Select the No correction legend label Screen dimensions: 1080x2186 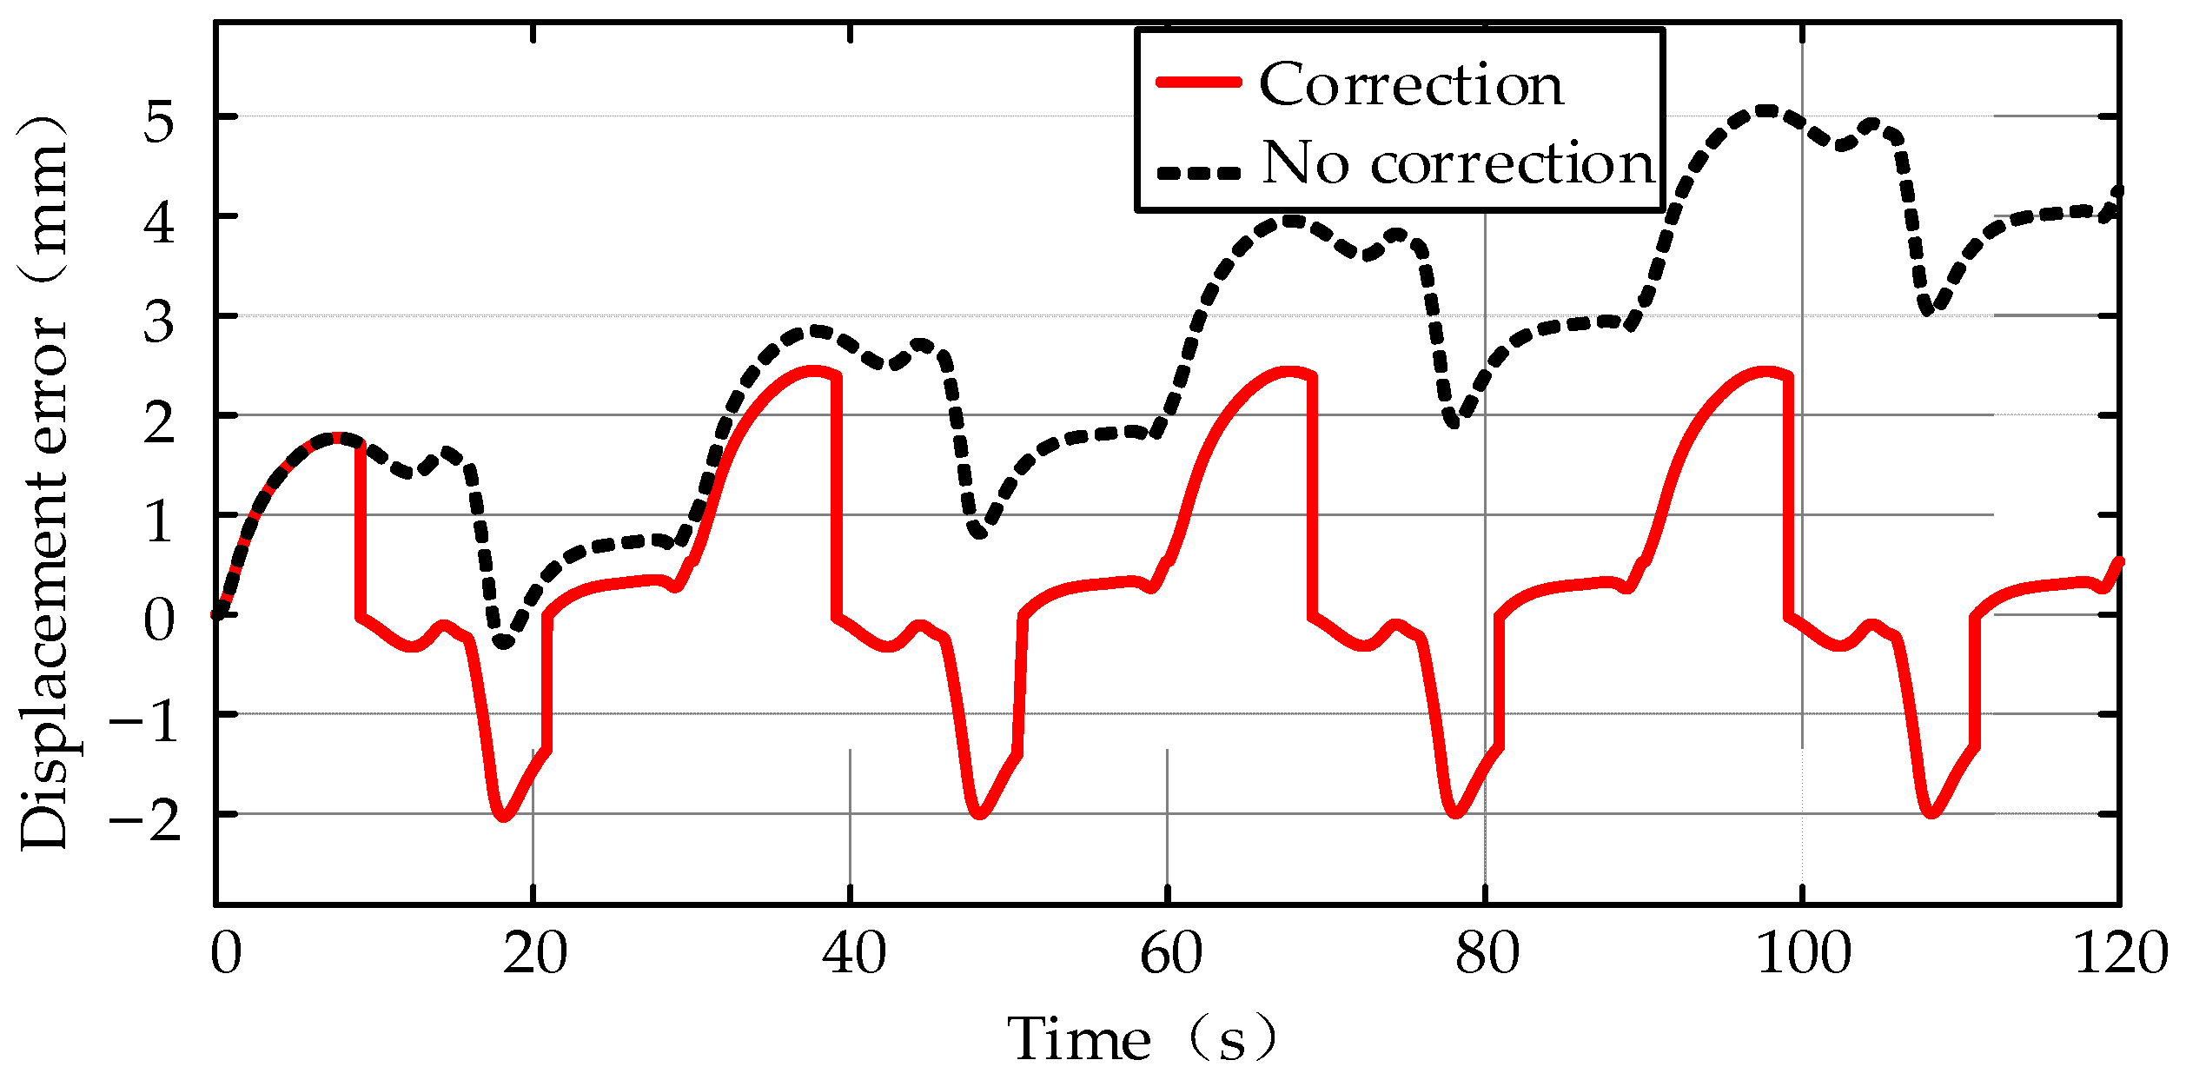(1459, 163)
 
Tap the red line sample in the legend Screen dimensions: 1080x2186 (1199, 83)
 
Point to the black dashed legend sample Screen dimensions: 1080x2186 (1199, 173)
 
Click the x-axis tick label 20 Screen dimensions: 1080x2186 (534, 953)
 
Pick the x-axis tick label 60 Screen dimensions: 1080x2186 (1170, 953)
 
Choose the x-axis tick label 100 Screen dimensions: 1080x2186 (1804, 953)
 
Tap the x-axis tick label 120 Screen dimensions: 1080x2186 (2120, 953)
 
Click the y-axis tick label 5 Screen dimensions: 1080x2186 (159, 120)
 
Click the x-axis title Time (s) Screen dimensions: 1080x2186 (1142, 1039)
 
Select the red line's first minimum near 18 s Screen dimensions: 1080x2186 (503, 817)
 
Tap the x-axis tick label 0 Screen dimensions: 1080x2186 (225, 953)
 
